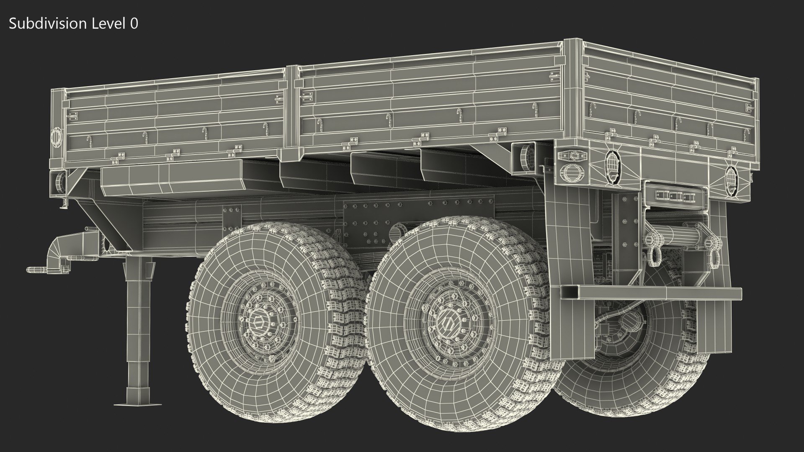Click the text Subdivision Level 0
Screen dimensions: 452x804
pyautogui.click(x=73, y=24)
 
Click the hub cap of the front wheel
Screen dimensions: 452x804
pyautogui.click(x=257, y=324)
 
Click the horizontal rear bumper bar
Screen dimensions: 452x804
pyautogui.click(x=651, y=293)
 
